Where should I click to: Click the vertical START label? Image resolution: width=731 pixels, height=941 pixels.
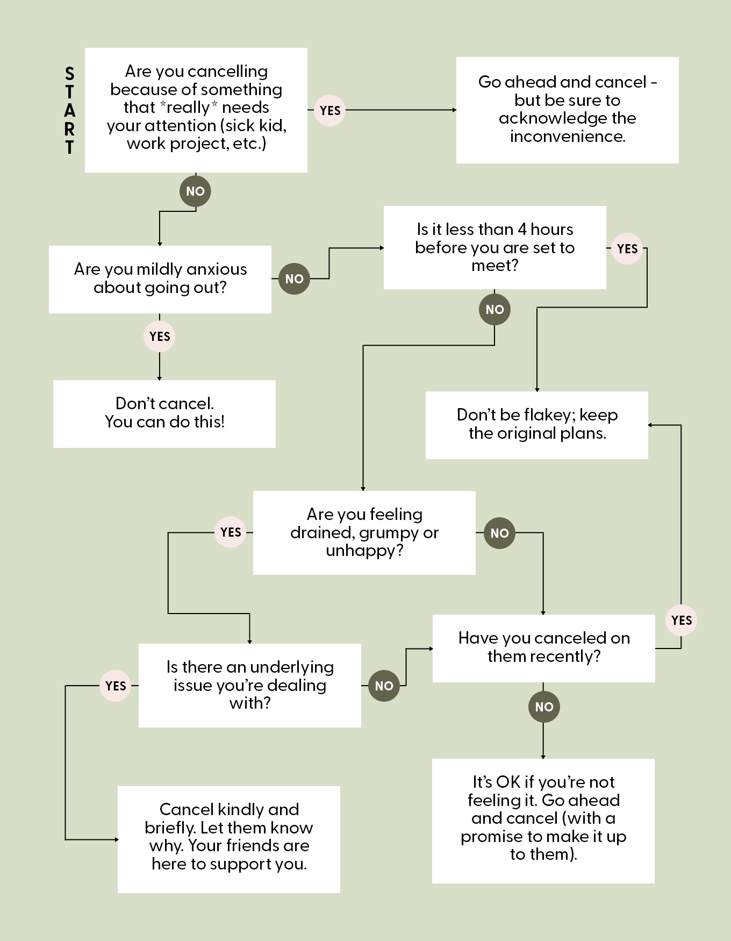69,110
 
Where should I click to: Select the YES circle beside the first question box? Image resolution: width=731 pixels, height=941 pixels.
329,111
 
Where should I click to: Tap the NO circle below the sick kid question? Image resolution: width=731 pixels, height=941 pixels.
195,191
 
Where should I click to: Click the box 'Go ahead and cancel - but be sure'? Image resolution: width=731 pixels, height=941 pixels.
567,110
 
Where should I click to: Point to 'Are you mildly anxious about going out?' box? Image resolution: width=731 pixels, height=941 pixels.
160,279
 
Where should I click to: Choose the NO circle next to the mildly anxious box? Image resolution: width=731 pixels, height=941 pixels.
294,279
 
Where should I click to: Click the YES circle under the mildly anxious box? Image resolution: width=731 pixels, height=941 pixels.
160,337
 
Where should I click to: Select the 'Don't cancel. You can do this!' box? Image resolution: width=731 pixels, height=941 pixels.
164,414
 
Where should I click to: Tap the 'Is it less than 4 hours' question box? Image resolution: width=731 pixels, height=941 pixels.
494,247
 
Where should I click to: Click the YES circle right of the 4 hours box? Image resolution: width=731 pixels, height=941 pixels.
627,249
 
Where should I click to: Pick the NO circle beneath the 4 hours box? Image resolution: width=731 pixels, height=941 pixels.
494,310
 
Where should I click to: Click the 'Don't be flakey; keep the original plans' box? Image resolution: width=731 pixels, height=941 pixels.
536,425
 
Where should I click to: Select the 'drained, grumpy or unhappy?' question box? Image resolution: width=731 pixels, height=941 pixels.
364,532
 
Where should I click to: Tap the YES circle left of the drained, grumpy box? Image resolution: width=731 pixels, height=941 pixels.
231,532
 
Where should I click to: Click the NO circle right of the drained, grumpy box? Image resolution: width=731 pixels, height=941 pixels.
499,533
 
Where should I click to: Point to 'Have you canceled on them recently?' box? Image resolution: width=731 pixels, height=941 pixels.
543,648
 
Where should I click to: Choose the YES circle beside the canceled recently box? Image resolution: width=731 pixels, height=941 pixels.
681,621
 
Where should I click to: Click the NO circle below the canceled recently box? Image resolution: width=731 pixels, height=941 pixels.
544,707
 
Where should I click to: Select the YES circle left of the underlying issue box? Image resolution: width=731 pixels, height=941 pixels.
116,686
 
